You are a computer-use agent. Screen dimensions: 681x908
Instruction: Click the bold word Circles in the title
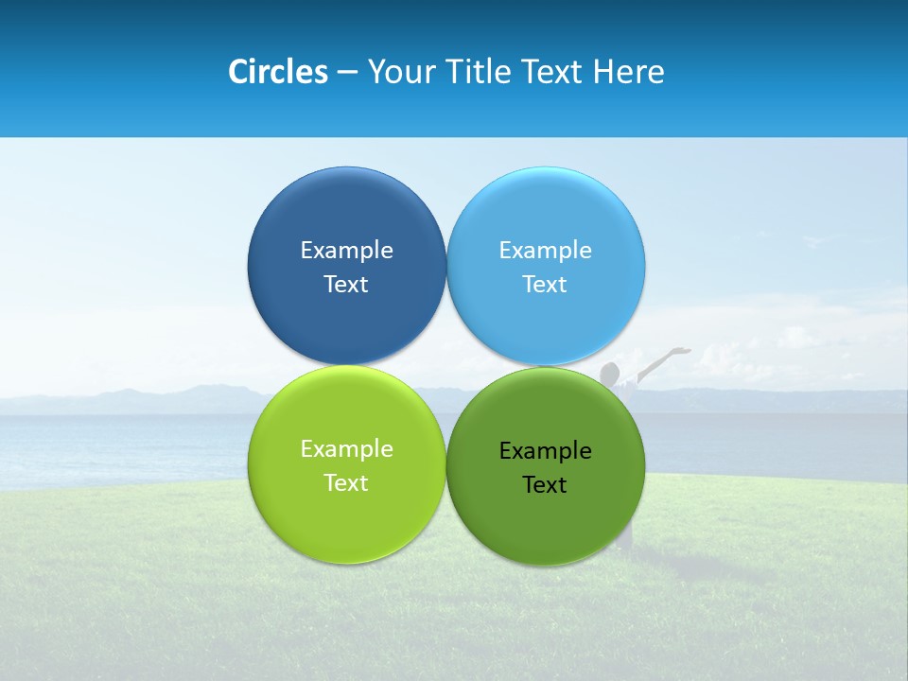tap(277, 72)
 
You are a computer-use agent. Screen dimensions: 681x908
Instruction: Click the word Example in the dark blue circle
tap(346, 250)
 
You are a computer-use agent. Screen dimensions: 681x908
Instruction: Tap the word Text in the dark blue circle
tap(346, 284)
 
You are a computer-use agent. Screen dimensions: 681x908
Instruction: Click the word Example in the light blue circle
tap(546, 250)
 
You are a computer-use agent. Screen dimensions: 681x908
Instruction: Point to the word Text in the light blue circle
tap(545, 284)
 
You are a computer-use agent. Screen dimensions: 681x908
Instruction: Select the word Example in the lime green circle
tap(346, 448)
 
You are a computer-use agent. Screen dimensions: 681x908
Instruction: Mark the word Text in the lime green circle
tap(346, 482)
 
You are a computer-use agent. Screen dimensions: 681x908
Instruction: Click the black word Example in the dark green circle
tap(546, 450)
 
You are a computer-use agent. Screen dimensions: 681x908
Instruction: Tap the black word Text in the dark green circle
tap(545, 484)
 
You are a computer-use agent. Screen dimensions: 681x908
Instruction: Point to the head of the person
tap(610, 371)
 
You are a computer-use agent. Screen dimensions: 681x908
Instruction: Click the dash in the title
tap(347, 73)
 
